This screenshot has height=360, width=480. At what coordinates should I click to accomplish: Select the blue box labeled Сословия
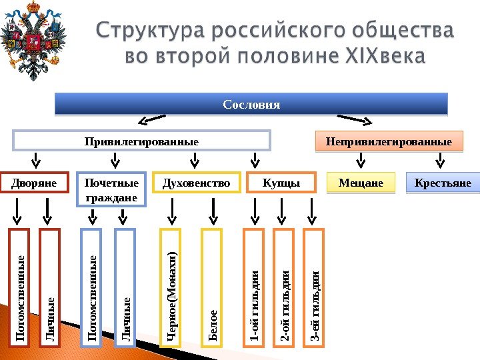[251, 105]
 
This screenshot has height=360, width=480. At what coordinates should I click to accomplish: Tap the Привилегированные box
[141, 141]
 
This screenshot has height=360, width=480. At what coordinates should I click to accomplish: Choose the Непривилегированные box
[388, 141]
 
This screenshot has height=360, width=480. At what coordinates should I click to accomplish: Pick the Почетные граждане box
[111, 190]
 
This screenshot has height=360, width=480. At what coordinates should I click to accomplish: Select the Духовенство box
[195, 183]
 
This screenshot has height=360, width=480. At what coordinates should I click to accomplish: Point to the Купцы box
[281, 183]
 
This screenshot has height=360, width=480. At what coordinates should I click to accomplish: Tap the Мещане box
[361, 183]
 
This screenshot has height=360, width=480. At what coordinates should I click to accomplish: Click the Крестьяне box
[443, 183]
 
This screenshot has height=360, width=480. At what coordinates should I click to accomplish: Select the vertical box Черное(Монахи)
[172, 289]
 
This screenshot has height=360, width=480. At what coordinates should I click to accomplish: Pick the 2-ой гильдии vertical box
[285, 289]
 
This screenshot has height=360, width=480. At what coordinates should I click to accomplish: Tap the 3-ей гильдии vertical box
[314, 289]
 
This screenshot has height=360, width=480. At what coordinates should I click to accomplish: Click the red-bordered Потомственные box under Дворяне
[20, 289]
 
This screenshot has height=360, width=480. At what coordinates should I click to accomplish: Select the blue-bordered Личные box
[125, 289]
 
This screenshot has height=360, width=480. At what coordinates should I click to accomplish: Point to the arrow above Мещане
[361, 161]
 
